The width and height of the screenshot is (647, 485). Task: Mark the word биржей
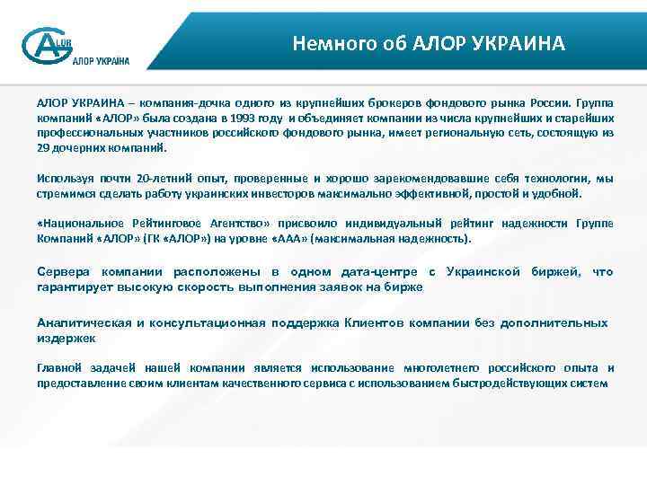(555, 271)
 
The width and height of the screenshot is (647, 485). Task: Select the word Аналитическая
(84, 323)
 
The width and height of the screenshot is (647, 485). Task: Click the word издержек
(66, 339)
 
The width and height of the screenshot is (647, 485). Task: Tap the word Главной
(59, 368)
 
